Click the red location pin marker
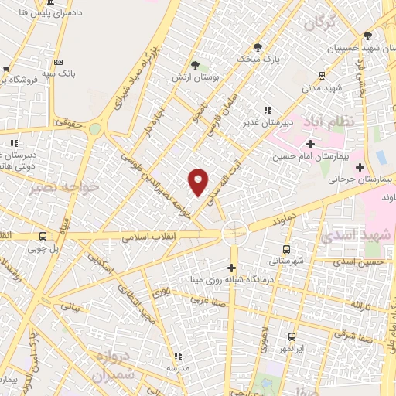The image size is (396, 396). [x=199, y=182]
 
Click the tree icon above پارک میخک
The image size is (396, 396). [x=258, y=47]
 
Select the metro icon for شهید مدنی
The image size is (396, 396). [x=323, y=76]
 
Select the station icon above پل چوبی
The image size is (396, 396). [x=43, y=236]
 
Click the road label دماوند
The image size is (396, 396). [x=284, y=221]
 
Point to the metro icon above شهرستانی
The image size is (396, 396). [x=286, y=249]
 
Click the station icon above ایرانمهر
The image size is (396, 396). [x=292, y=336]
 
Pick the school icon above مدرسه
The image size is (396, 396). [x=178, y=357]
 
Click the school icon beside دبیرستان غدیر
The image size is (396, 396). [x=268, y=111]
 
